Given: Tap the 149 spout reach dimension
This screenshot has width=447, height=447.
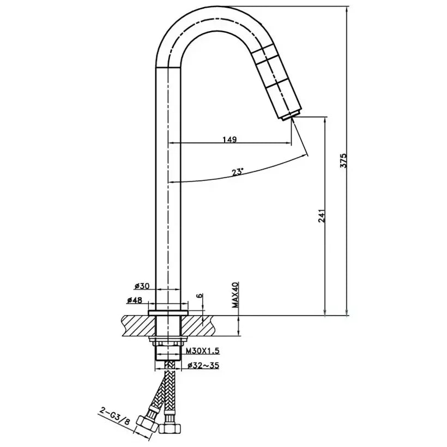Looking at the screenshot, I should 229,140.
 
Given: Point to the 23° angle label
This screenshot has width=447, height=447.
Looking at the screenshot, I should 237,172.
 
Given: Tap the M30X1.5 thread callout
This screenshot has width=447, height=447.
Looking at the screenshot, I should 202,352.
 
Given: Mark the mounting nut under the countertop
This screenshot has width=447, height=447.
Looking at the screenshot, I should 168,343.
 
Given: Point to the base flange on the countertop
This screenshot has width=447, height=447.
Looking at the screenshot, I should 168,312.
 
